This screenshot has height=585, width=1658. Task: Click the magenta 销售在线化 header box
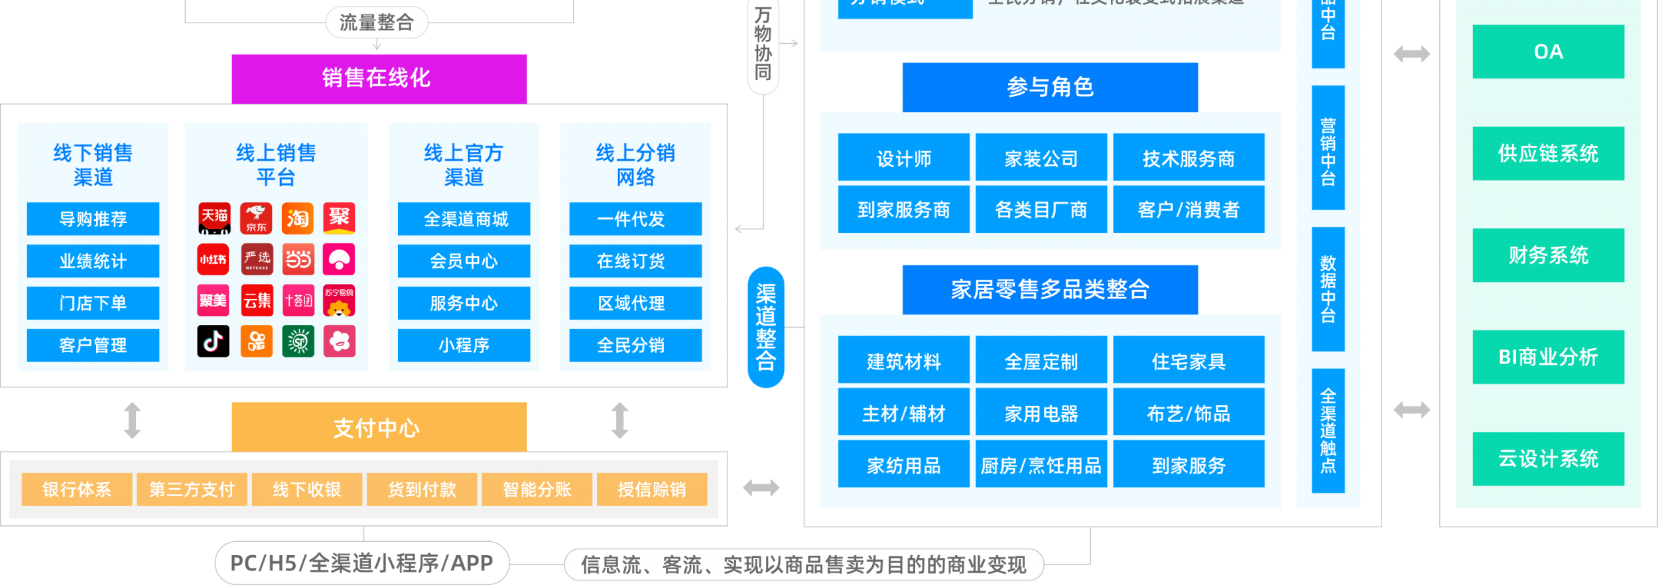[379, 78]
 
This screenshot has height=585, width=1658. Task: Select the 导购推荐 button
[93, 219]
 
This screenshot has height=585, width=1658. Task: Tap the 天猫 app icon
[214, 218]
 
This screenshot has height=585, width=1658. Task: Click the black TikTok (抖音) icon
[214, 341]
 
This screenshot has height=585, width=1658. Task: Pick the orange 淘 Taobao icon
[298, 218]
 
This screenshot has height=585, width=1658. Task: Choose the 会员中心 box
[464, 261]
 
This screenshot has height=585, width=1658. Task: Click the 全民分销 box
[635, 345]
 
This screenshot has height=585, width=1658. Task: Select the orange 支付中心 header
[379, 427]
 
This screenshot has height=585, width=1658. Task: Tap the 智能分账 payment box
[537, 489]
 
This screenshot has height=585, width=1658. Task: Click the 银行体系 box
[77, 489]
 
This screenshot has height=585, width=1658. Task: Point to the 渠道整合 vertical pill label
[766, 327]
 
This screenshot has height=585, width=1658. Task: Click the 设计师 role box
[903, 158]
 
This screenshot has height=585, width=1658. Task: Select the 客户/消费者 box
[1188, 210]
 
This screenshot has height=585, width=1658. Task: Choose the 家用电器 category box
[1041, 413]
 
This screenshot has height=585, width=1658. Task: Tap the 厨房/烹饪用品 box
[1041, 465]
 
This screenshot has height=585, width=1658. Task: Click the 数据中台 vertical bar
[1328, 289]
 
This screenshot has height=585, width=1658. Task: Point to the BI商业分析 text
[1548, 357]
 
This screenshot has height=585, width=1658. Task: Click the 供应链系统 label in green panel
[1548, 153]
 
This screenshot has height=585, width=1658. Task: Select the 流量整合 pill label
[376, 23]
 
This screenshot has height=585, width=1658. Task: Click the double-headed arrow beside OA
[1411, 54]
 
